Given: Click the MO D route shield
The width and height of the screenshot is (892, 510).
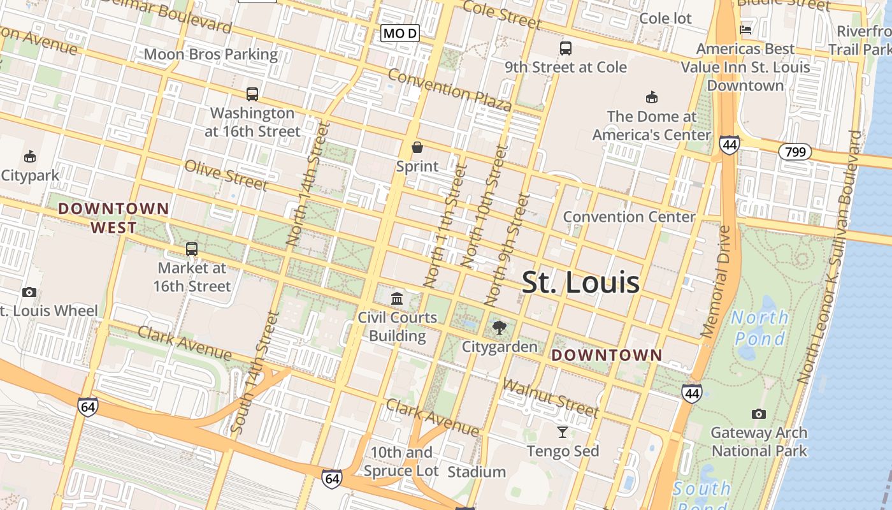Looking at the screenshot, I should pyautogui.click(x=400, y=33).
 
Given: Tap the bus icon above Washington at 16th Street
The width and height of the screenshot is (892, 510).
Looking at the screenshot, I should pyautogui.click(x=252, y=94).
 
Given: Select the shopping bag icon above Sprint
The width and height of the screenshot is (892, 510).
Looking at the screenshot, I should pyautogui.click(x=417, y=148).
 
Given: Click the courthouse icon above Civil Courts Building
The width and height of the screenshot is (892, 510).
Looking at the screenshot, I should pyautogui.click(x=397, y=298).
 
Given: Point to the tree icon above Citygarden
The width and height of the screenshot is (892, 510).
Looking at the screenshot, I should pyautogui.click(x=500, y=328).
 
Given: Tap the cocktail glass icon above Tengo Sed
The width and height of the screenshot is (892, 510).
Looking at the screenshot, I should pyautogui.click(x=563, y=432).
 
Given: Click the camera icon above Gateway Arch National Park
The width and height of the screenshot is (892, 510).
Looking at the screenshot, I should pyautogui.click(x=758, y=414).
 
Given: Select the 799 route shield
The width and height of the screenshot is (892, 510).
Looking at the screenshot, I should pyautogui.click(x=795, y=152).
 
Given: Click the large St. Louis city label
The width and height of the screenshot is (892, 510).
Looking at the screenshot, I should pyautogui.click(x=580, y=282).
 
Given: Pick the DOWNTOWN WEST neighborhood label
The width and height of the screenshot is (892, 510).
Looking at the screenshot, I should pyautogui.click(x=113, y=218).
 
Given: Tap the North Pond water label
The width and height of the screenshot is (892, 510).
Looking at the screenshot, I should pyautogui.click(x=759, y=328).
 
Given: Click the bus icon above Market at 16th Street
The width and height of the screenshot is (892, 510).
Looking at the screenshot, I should pyautogui.click(x=192, y=249).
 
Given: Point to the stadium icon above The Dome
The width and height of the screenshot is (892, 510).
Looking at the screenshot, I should pyautogui.click(x=651, y=98).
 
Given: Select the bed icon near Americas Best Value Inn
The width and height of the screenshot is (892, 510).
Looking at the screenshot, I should pyautogui.click(x=745, y=29).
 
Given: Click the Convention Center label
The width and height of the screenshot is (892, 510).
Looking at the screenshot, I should pyautogui.click(x=629, y=217).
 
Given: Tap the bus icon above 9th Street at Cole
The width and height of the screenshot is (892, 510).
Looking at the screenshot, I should pyautogui.click(x=565, y=48).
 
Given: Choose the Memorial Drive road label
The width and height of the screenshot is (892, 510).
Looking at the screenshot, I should pyautogui.click(x=717, y=280).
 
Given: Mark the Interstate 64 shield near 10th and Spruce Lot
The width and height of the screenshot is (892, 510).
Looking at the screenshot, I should pyautogui.click(x=332, y=479).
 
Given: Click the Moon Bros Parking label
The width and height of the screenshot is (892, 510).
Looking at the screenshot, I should pyautogui.click(x=211, y=55).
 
